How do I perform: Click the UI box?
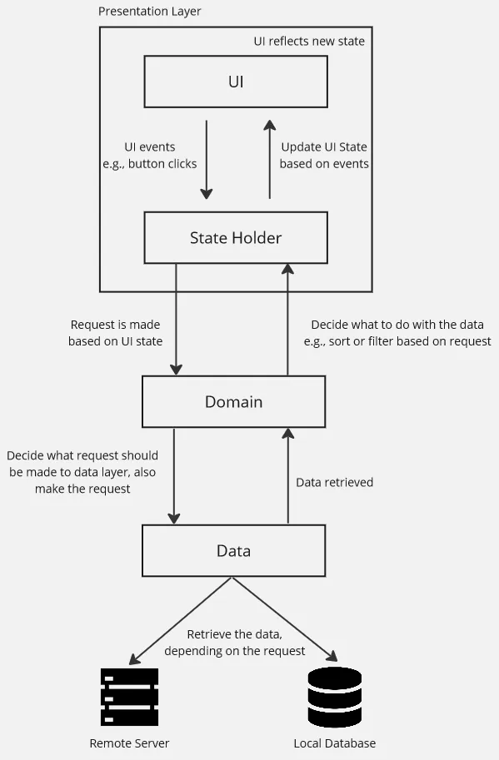click(x=236, y=82)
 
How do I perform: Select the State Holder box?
click(x=236, y=237)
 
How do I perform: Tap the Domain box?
click(x=233, y=401)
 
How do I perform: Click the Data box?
click(x=233, y=550)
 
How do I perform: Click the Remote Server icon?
click(x=129, y=698)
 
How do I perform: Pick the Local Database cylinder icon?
click(x=335, y=697)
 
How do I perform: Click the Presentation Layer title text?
click(x=149, y=12)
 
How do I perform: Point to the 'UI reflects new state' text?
click(x=309, y=41)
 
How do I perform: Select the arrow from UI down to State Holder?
click(x=207, y=158)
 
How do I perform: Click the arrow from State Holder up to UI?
click(x=269, y=158)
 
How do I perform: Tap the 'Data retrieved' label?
click(x=335, y=482)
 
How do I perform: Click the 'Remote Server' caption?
click(x=129, y=743)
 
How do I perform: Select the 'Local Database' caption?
click(x=335, y=743)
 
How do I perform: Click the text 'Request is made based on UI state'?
click(x=116, y=333)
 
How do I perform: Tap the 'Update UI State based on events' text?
click(x=324, y=156)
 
